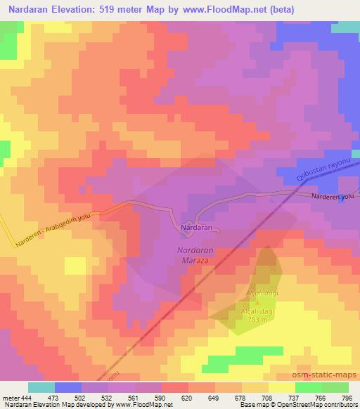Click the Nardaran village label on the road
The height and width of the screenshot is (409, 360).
(197, 229)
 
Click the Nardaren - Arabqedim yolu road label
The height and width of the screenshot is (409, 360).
(53, 230)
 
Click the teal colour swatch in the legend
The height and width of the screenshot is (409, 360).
(41, 387)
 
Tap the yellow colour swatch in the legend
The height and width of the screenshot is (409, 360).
(282, 387)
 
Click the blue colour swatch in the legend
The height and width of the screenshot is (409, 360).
(68, 387)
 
